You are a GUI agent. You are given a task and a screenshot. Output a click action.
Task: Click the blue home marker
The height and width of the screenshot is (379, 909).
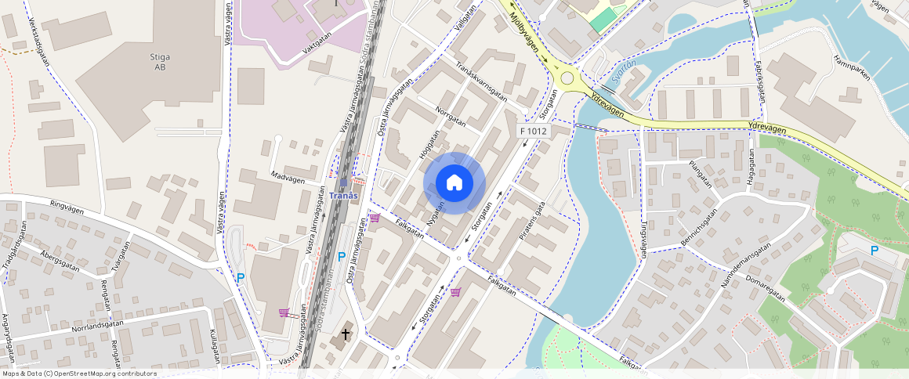point(454,183)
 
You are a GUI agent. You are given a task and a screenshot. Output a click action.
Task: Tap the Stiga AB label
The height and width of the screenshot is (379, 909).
point(160,62)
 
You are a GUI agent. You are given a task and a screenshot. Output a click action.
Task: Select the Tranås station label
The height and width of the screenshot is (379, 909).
point(343,195)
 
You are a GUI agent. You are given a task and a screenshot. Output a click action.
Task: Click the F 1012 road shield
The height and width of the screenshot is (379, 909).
point(533,131)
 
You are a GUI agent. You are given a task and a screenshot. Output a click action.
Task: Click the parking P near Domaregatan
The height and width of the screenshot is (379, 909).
point(874,251)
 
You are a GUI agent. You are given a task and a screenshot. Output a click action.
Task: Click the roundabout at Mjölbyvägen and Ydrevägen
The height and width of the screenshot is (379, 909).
point(567,78)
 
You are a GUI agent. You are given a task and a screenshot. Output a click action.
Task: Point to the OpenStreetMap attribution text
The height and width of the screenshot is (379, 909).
point(79,374)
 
